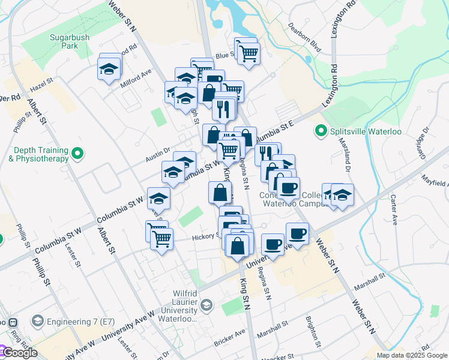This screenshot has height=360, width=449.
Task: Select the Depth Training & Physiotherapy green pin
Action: (77, 155)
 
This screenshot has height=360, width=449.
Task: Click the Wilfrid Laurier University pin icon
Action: (207, 305)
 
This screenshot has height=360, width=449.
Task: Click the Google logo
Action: (19, 353)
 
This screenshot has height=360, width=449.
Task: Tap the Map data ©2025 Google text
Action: (412, 355)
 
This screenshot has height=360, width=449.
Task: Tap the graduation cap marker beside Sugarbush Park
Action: (109, 70)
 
